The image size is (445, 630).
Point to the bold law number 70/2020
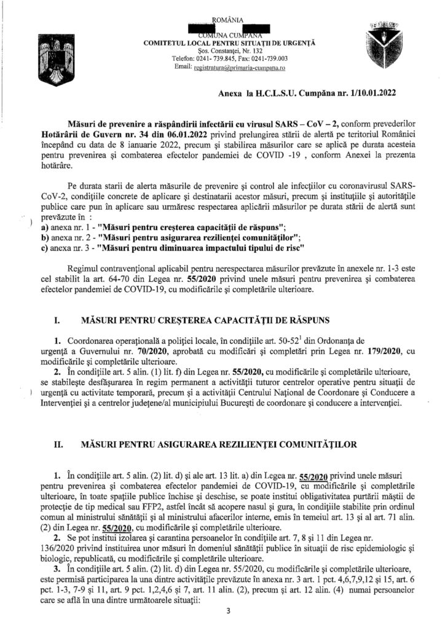point(179,350)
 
